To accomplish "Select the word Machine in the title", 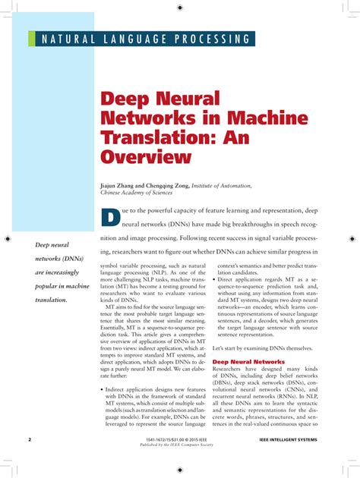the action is pos(238,118).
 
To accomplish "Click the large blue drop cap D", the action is pos(110,218).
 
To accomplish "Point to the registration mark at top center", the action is pos(180,8).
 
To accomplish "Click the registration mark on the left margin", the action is pos(8,239).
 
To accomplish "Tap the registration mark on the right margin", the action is pos(352,239).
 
